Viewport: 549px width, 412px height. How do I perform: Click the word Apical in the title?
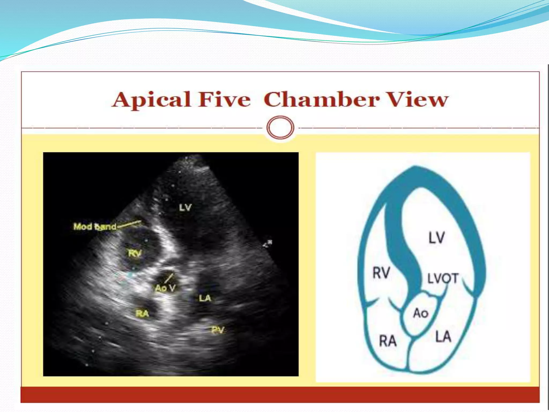pos(151,100)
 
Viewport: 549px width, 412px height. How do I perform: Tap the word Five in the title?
pos(225,100)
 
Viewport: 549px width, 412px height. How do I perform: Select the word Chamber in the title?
pos(322,100)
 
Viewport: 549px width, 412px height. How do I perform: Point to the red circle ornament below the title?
pos(280,127)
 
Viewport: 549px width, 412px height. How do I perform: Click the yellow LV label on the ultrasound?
pos(186,207)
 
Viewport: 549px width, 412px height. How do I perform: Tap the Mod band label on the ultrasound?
pos(95,227)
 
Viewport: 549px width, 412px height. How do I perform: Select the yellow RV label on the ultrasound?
pos(135,253)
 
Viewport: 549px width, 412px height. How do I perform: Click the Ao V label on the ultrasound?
pos(165,288)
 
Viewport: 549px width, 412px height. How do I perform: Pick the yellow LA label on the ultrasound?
pos(205,298)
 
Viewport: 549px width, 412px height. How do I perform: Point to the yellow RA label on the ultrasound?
pos(142,313)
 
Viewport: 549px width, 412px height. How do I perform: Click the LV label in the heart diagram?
pos(437,238)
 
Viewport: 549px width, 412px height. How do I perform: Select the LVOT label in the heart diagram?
pos(443,278)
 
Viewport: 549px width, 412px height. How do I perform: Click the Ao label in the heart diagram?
pos(421,313)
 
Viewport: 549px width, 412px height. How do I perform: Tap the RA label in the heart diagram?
pos(388,341)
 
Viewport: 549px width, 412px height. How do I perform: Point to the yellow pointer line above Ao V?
pos(169,278)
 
